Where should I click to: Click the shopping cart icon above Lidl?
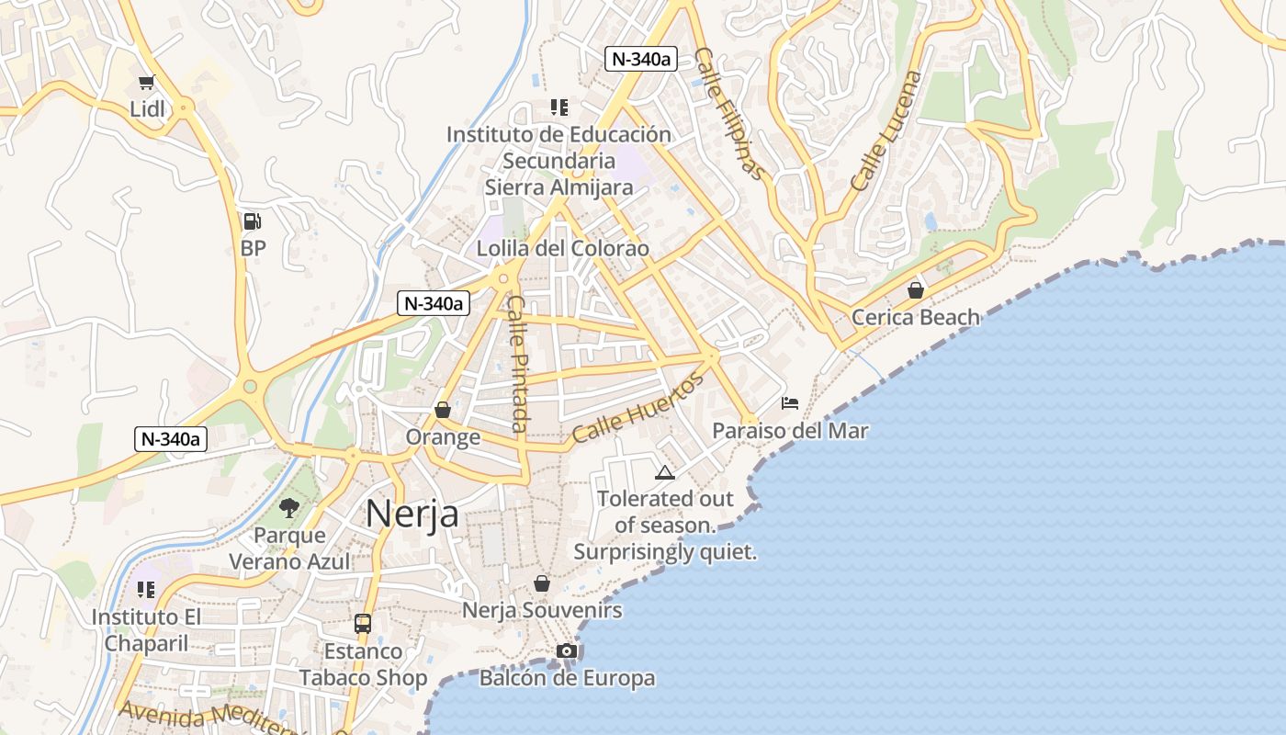click(x=147, y=82)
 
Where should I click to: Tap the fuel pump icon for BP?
click(x=252, y=221)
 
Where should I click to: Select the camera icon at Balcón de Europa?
click(x=567, y=651)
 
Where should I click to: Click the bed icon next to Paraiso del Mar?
click(x=790, y=402)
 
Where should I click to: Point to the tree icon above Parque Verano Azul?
click(x=289, y=507)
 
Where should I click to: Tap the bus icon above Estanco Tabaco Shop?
click(x=363, y=624)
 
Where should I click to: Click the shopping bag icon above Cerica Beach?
click(x=916, y=290)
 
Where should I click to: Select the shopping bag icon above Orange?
click(x=443, y=410)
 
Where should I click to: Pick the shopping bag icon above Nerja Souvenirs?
click(x=542, y=583)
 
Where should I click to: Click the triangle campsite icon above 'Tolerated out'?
click(x=665, y=472)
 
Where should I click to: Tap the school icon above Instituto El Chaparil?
click(x=146, y=589)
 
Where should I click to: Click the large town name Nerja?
click(x=412, y=514)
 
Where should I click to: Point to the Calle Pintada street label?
click(x=518, y=364)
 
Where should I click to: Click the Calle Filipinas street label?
click(x=729, y=114)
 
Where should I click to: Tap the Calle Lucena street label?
click(x=886, y=131)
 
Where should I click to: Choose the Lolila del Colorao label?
click(x=562, y=249)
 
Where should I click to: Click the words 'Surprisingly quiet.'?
click(x=665, y=552)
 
